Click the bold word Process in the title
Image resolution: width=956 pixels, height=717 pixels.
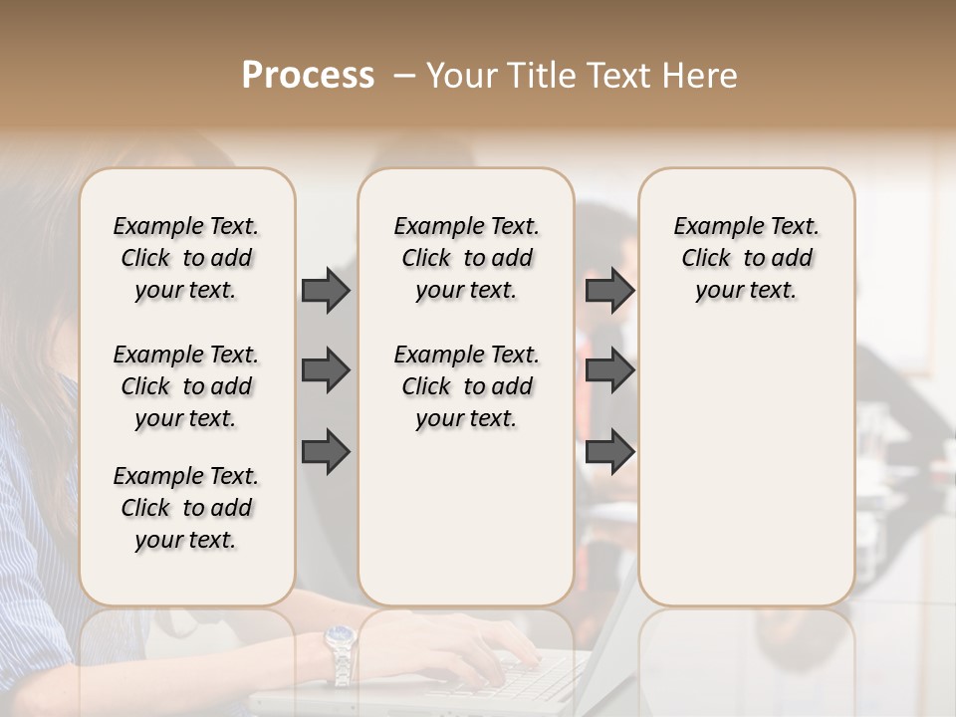[x=308, y=76]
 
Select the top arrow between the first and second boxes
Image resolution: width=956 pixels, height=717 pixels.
[x=326, y=290]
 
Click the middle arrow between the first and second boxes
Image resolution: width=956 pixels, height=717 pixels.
[x=326, y=370]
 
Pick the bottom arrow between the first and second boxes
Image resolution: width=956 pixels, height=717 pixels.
[x=326, y=451]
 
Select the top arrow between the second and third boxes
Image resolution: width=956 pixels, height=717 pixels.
[x=609, y=290]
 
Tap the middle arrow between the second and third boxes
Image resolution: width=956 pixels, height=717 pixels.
[x=609, y=370]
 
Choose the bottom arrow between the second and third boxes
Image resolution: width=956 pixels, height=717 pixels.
[x=609, y=451]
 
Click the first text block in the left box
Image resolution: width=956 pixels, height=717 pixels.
[x=186, y=258]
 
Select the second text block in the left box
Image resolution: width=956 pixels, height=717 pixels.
[x=186, y=386]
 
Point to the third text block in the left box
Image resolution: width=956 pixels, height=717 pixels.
[x=186, y=508]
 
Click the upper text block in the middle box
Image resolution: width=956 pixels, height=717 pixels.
[x=466, y=258]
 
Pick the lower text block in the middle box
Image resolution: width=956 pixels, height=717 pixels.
[x=466, y=386]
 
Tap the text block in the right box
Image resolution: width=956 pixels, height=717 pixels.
[x=746, y=258]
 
